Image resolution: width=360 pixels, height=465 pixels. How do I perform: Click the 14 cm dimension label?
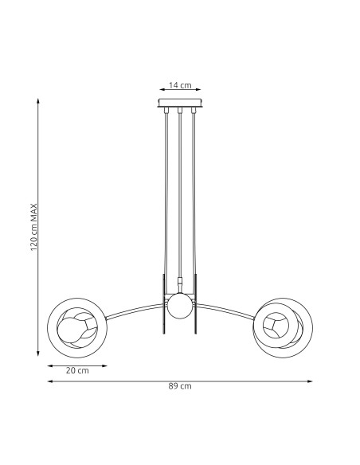(180, 85)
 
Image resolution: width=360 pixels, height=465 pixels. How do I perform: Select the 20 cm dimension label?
(77, 370)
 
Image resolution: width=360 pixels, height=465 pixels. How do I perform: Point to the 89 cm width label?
(180, 386)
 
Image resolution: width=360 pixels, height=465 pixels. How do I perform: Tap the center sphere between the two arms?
(179, 304)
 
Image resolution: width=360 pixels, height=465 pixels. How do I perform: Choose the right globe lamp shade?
(281, 325)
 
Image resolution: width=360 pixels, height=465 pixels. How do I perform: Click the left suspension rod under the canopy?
(166, 191)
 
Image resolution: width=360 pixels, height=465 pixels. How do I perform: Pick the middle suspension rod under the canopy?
(180, 191)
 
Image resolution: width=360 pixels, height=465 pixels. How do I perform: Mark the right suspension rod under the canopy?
(194, 191)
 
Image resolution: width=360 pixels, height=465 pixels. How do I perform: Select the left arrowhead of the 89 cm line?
(49, 381)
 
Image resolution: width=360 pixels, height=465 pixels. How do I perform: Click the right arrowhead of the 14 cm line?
(200, 91)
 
